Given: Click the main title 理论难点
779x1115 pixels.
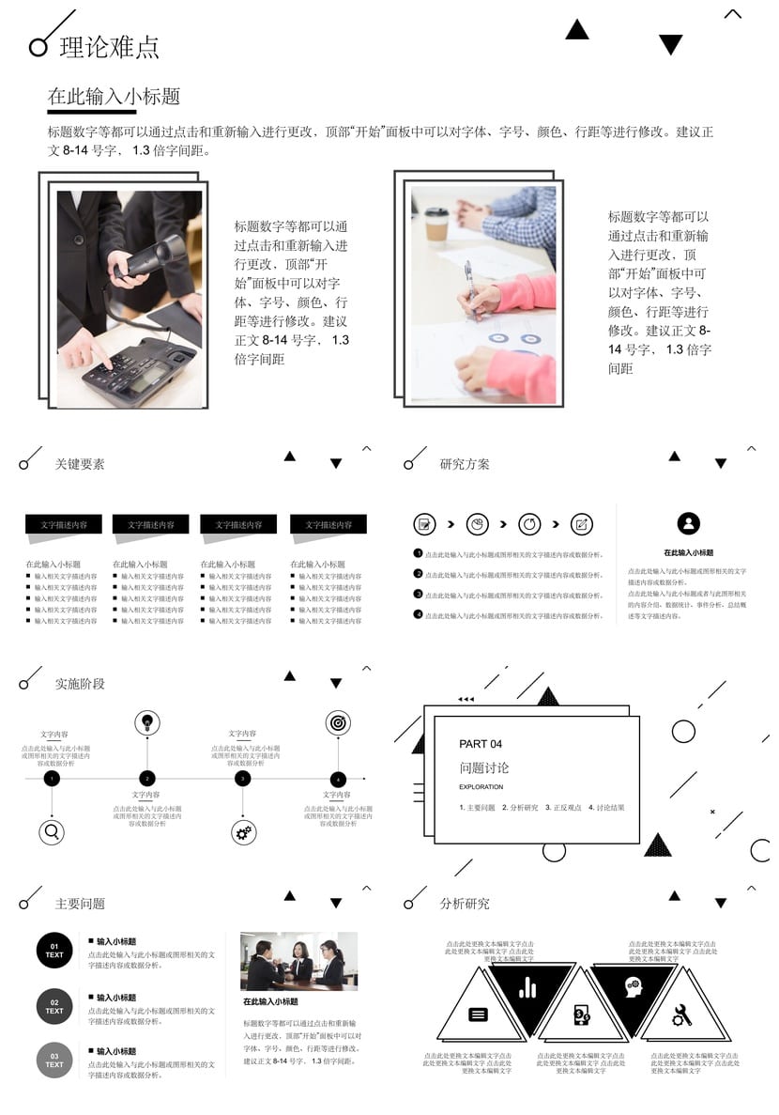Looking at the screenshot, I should click(109, 48).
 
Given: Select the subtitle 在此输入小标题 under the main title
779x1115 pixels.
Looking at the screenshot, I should click(114, 97).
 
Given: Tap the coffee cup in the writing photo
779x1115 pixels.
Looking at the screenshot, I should click(436, 225).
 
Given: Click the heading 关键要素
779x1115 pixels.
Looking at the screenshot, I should click(80, 464).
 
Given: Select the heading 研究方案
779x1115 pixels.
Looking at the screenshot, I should click(465, 464).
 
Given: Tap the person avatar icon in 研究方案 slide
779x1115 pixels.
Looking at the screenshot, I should click(688, 523).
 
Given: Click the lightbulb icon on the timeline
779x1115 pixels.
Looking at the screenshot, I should click(146, 722).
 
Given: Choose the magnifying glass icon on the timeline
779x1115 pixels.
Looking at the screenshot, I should click(52, 831).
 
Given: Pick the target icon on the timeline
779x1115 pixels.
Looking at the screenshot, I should click(338, 722).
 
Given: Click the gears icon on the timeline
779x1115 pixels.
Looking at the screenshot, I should click(243, 831).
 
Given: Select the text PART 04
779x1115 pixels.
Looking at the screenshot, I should click(481, 744).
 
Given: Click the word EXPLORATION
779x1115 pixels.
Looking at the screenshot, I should click(481, 787).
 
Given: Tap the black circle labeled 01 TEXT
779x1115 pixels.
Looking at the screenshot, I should click(54, 951).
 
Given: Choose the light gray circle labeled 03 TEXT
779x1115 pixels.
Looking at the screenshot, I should click(54, 1061).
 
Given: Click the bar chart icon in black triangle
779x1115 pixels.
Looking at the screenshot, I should click(527, 987).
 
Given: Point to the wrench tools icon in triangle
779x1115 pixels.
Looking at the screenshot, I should click(681, 1014).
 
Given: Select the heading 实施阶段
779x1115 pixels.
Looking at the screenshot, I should click(80, 684).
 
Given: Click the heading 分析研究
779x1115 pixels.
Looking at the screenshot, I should click(465, 904).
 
